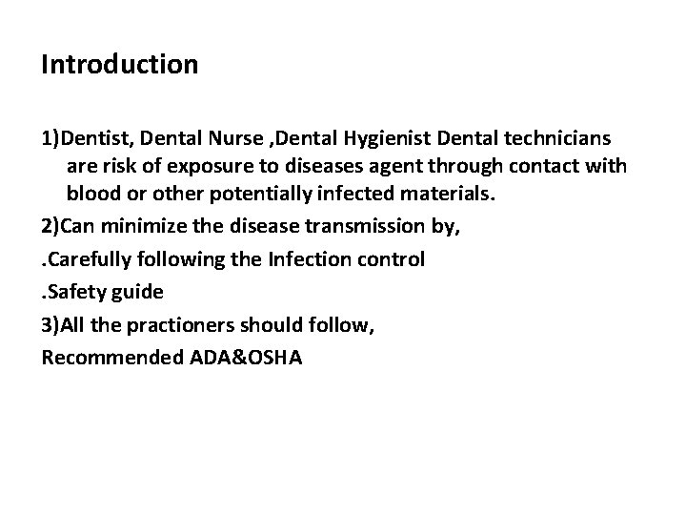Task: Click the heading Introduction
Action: click(x=120, y=65)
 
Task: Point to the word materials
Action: click(x=442, y=194)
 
